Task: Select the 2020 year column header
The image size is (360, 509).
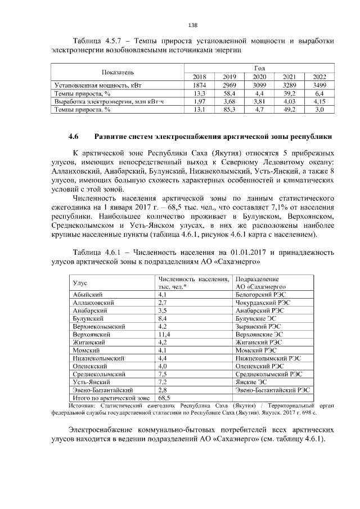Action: tap(259, 77)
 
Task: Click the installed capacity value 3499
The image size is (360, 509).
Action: tap(319, 85)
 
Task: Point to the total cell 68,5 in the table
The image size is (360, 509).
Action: tap(165, 397)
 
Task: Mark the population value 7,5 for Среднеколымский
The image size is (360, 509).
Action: tap(164, 373)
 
